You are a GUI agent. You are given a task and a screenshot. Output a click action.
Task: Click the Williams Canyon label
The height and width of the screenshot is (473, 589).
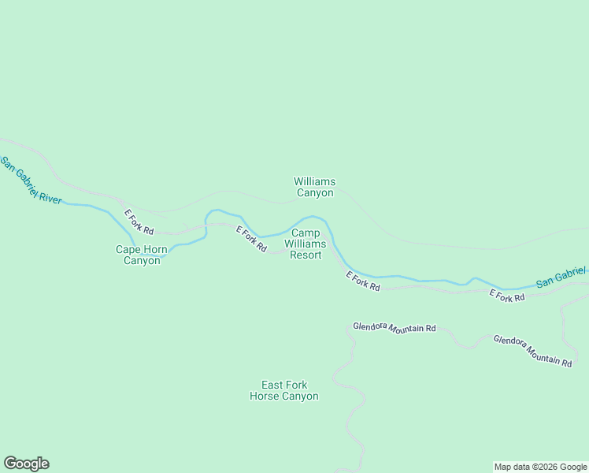[x=315, y=187]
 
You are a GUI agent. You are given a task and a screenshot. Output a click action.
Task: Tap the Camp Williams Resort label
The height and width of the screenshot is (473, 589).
[x=306, y=244]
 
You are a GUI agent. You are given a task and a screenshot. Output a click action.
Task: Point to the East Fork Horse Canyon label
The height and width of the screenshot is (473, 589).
[x=284, y=390]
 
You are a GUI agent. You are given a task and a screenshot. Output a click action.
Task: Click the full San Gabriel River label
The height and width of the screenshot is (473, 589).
[x=31, y=181]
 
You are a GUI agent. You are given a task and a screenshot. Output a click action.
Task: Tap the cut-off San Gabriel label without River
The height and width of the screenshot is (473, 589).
[x=561, y=277]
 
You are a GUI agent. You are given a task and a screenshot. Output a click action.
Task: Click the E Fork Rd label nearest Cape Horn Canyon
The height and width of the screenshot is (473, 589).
[x=138, y=222]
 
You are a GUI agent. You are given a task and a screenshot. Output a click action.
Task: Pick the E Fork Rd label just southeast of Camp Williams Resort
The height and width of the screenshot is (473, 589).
[x=364, y=281]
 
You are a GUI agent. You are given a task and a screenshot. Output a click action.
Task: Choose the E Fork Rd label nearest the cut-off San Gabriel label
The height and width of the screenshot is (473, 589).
[x=507, y=296]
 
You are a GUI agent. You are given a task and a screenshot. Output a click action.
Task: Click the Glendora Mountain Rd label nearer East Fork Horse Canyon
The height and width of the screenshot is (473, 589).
[x=394, y=327]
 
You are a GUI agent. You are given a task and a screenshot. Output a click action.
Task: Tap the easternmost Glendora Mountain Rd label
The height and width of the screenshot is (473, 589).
[x=532, y=351]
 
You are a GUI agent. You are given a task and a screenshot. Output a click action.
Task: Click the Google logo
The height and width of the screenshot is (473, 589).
[x=26, y=464]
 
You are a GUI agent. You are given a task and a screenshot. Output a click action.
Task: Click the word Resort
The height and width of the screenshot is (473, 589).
[x=306, y=255]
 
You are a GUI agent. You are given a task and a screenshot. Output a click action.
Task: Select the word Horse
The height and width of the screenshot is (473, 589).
[x=265, y=396]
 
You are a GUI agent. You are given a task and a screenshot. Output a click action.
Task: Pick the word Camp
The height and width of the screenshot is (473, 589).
[x=306, y=233]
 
